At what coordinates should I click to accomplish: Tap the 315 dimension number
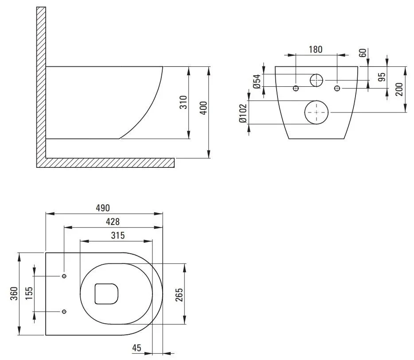117,236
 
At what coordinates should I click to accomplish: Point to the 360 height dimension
14,294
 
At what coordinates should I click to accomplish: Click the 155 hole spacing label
29,293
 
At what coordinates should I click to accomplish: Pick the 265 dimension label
179,294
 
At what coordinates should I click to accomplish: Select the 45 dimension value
137,348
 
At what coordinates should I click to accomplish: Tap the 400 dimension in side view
203,108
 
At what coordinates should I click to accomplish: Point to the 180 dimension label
315,49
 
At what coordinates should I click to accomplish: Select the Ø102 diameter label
242,113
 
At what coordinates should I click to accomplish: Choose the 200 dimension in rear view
399,89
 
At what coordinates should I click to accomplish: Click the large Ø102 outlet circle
316,112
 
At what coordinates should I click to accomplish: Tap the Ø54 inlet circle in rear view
316,80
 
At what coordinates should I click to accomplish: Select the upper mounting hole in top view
64,276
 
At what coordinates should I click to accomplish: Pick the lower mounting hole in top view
64,311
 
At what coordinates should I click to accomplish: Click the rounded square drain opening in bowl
106,294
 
